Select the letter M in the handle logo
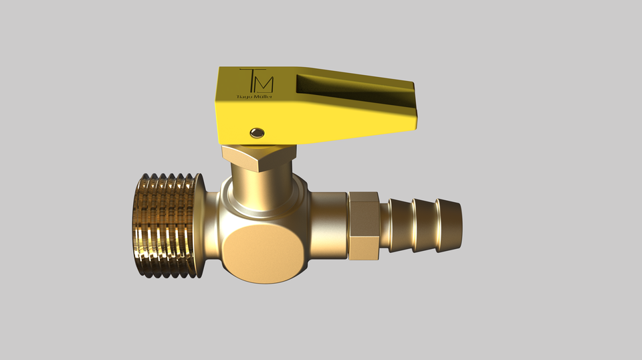[265, 83]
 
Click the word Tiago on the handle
[246, 98]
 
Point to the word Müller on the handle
[263, 98]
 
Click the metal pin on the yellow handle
[256, 132]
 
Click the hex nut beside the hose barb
[364, 226]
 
